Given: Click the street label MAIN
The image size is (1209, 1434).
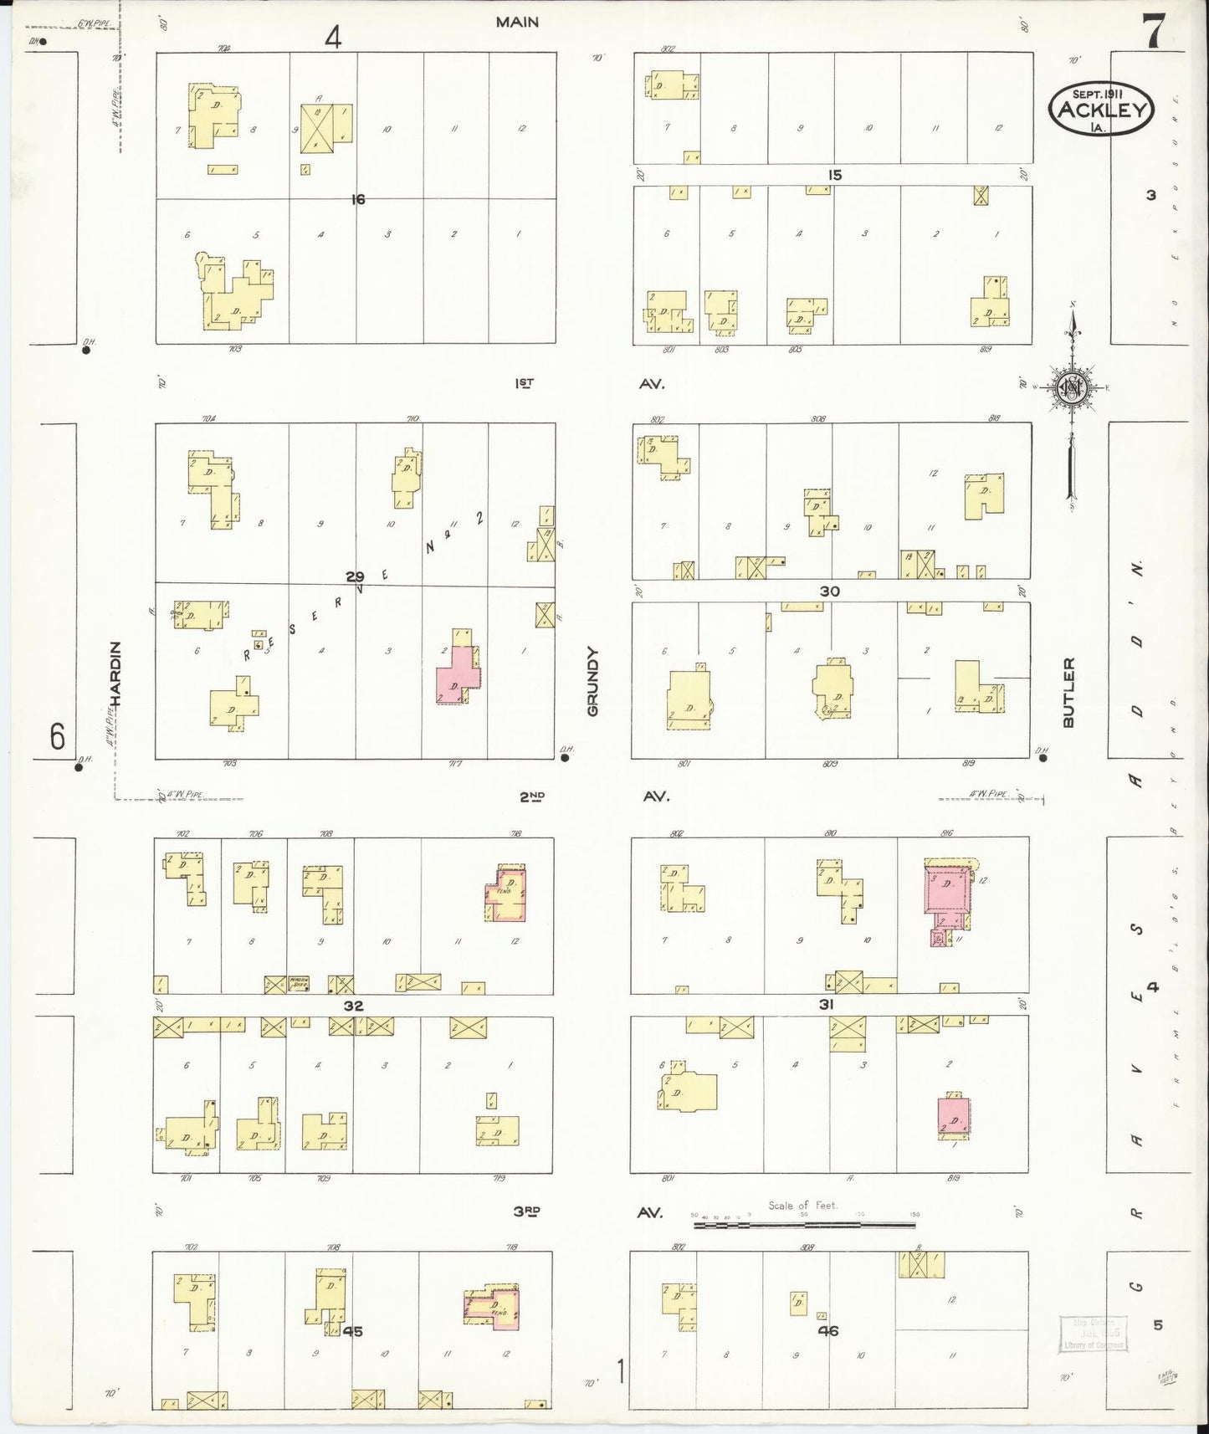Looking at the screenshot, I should point(516,23).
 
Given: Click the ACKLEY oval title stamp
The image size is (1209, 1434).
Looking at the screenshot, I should point(1101,110).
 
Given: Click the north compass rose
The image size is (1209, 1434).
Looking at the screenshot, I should point(1071,387).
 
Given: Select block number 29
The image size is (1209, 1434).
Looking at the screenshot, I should point(355,576).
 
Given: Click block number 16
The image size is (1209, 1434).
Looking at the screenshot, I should point(358,199).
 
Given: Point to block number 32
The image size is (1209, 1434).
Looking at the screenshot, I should point(353,1005).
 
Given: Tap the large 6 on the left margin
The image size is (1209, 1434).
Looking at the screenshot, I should point(57,736).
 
